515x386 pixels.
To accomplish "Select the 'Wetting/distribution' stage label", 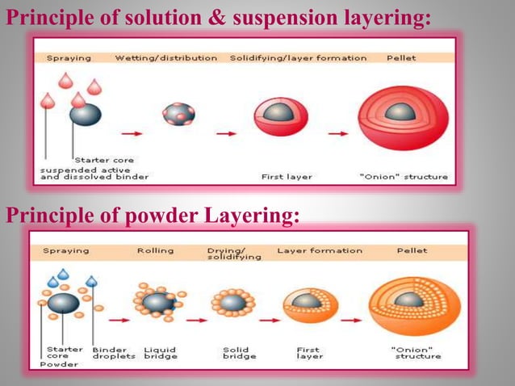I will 165,58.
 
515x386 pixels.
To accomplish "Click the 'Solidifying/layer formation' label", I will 298,58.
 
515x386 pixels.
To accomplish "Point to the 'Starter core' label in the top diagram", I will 104,159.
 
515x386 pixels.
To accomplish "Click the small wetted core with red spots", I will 178,114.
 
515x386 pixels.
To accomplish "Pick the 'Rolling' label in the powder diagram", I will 155,250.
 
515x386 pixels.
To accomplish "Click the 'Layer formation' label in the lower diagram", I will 308,250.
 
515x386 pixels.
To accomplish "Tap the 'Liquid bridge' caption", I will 160,352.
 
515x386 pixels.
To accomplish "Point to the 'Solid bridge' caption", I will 240,352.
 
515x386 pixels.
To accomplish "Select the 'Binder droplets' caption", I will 112,352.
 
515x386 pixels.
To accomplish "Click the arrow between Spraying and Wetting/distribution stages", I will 133,133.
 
